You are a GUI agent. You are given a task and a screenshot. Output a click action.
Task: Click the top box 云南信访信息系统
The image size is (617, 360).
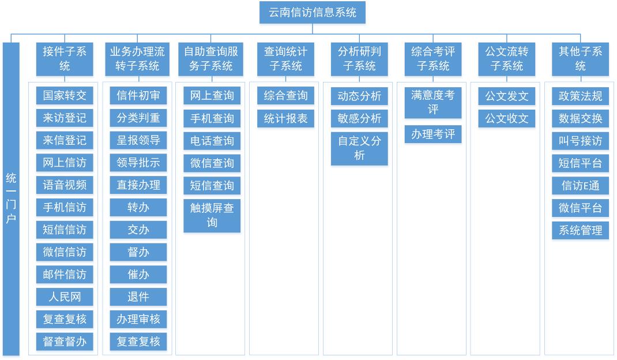click(313, 13)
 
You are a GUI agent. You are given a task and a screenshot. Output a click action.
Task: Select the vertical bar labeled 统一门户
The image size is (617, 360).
click(11, 199)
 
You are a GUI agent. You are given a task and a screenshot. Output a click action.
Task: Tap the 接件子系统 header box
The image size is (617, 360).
click(65, 59)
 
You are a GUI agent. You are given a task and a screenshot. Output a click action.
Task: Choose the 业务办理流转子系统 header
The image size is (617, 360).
click(137, 59)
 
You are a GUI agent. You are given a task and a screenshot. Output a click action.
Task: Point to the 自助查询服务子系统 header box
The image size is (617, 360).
click(211, 59)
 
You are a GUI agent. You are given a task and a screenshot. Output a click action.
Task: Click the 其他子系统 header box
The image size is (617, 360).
click(581, 59)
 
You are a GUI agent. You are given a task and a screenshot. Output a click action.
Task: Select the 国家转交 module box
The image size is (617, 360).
click(65, 95)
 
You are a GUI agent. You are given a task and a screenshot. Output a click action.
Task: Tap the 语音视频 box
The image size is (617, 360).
click(65, 185)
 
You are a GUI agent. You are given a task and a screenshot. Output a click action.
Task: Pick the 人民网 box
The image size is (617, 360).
click(65, 297)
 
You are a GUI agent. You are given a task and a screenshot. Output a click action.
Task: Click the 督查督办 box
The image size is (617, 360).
click(65, 342)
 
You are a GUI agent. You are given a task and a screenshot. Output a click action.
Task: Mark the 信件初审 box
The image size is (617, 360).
click(138, 95)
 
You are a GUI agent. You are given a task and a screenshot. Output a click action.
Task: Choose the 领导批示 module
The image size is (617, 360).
click(138, 162)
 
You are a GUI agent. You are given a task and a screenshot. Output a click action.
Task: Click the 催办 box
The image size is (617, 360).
click(138, 274)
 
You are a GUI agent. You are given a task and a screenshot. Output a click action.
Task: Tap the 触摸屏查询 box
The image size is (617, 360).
click(212, 215)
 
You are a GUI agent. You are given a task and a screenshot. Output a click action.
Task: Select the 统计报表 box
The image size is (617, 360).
click(285, 118)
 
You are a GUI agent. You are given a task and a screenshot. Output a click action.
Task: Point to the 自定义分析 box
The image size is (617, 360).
click(359, 148)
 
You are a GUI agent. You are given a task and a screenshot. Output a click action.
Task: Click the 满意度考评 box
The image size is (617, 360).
click(433, 103)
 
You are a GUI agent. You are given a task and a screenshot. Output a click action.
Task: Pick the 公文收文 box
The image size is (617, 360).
click(507, 118)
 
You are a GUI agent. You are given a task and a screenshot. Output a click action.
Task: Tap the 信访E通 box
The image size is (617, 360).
click(581, 185)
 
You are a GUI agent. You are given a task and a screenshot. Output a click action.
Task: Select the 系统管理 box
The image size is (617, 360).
click(581, 230)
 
